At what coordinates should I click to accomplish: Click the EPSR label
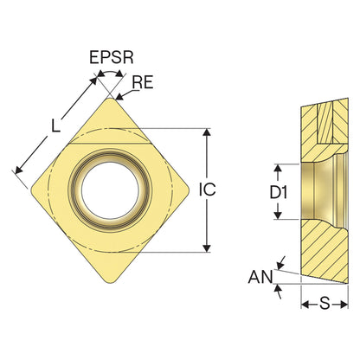(112, 57)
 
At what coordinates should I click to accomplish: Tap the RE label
(143, 82)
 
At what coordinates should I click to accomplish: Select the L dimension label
(55, 126)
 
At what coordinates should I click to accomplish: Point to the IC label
(207, 190)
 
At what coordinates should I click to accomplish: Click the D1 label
(279, 192)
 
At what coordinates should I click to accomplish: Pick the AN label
(260, 277)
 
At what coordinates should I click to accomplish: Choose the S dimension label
(325, 304)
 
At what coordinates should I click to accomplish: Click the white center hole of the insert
(110, 190)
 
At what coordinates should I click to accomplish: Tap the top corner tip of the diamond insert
(111, 98)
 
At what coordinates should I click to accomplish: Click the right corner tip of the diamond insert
(190, 190)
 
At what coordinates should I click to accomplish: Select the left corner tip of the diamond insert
(31, 191)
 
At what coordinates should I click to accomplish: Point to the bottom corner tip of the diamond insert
(111, 283)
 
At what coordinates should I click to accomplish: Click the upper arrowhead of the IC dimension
(207, 132)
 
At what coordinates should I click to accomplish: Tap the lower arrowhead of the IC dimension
(207, 248)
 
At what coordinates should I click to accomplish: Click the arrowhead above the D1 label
(278, 168)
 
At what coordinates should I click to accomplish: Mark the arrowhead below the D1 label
(278, 215)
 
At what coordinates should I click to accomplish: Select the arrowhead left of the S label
(305, 304)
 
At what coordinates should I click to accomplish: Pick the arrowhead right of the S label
(344, 304)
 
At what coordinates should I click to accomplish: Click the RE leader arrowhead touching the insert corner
(119, 97)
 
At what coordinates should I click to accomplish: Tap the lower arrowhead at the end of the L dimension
(18, 170)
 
